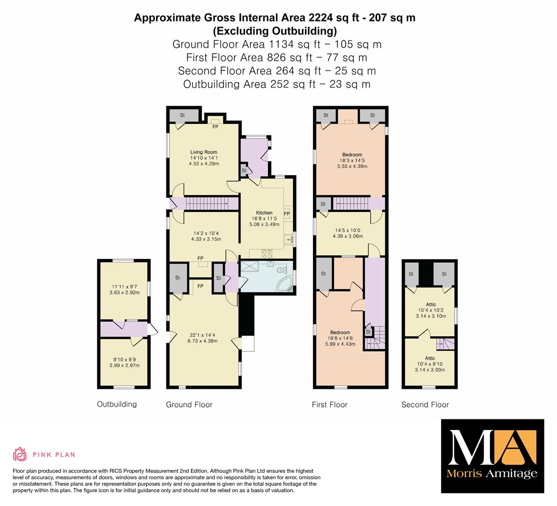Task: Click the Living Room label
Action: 203,152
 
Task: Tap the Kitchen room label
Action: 264,213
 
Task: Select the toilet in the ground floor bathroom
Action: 283,270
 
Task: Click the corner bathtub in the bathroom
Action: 285,285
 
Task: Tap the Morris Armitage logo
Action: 492,456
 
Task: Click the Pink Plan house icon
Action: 20,454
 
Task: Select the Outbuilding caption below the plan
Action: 117,404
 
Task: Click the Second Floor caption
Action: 425,405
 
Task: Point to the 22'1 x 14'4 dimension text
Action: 202,335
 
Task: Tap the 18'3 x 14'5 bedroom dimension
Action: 352,161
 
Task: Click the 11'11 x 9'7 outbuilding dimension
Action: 124,286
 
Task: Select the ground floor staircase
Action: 206,204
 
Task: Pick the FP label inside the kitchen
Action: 287,214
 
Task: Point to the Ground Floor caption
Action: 189,405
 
